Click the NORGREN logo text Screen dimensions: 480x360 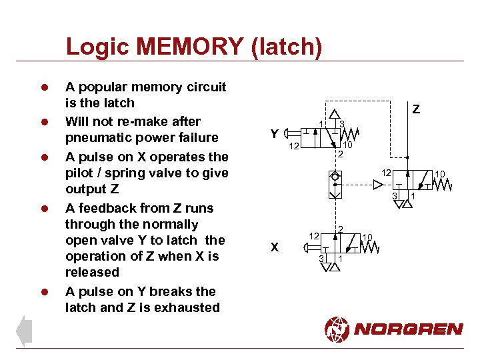coord(408,329)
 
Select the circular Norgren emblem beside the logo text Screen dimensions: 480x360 coord(337,329)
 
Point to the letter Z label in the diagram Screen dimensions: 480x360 coord(416,109)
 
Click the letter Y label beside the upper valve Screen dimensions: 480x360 coord(274,134)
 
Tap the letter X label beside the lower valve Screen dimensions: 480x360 coord(274,247)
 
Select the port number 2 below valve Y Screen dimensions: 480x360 coord(340,155)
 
